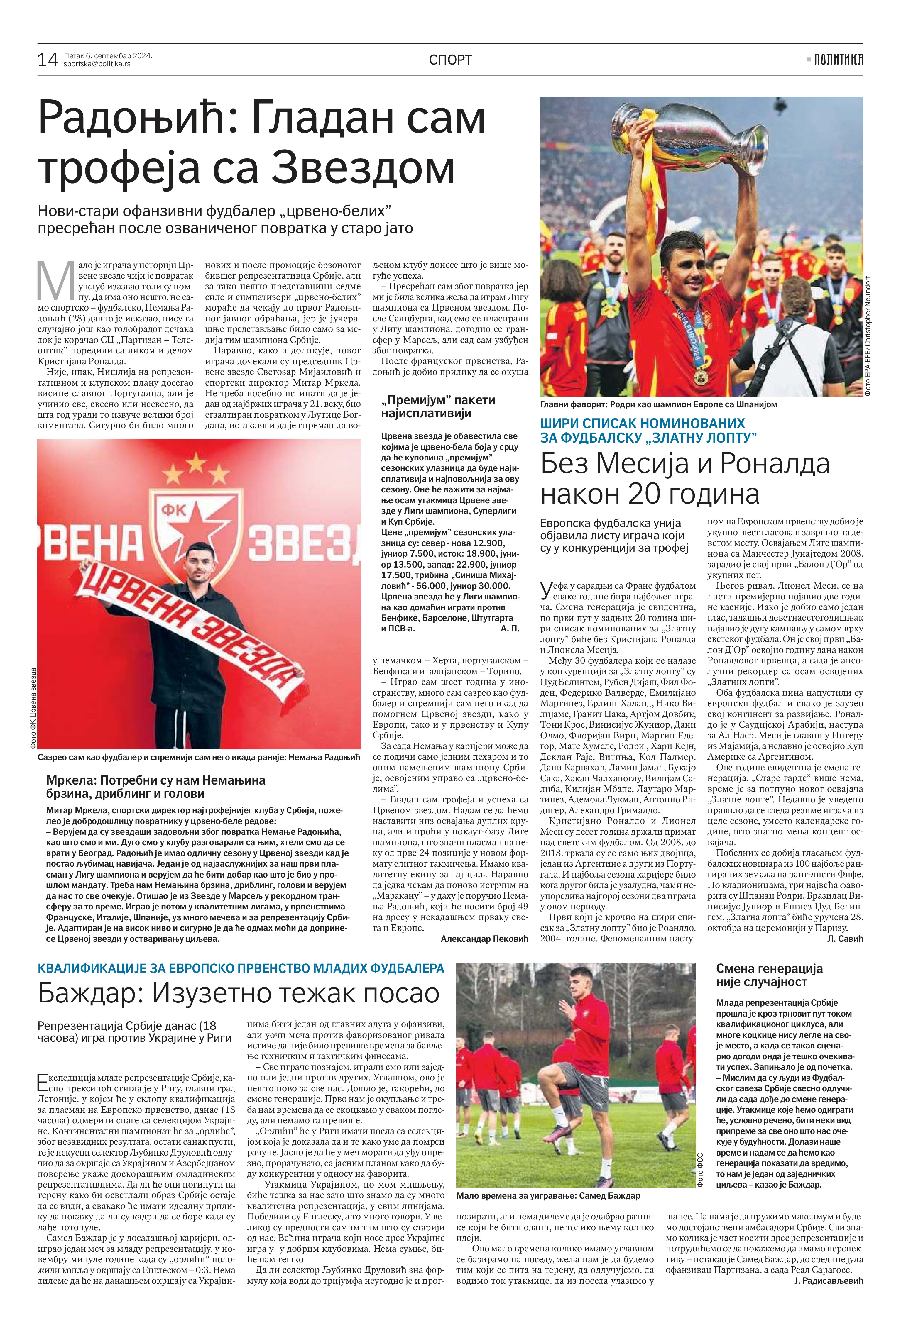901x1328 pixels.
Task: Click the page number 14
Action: point(48,60)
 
